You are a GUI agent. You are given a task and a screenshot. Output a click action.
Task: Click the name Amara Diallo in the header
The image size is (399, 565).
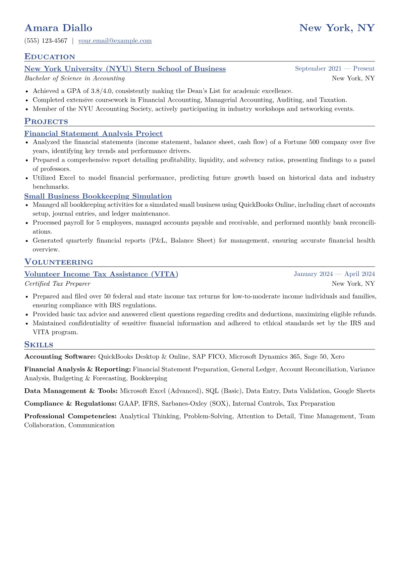click(x=58, y=28)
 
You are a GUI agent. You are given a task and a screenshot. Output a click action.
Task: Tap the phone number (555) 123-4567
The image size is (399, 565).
click(x=46, y=41)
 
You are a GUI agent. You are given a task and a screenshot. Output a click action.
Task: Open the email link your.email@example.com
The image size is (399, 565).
click(x=115, y=41)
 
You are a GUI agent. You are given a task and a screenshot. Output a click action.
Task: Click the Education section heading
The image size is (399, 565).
click(x=50, y=57)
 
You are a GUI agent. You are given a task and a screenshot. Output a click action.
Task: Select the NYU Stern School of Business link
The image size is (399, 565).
click(x=125, y=69)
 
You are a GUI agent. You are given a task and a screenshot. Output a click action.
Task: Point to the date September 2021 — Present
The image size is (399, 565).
click(x=334, y=69)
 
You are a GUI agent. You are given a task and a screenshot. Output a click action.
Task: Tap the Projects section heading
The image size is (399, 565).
click(x=46, y=122)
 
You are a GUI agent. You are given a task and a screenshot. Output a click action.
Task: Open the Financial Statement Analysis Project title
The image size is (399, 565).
click(x=93, y=134)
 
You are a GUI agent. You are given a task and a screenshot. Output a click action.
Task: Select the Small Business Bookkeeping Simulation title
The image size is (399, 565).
click(x=98, y=196)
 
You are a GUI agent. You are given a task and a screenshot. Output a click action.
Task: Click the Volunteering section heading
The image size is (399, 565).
click(x=59, y=262)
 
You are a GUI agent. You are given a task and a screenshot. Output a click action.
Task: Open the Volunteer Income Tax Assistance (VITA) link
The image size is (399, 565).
click(x=101, y=274)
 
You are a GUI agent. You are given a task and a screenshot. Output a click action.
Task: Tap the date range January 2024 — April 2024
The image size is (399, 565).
click(x=334, y=274)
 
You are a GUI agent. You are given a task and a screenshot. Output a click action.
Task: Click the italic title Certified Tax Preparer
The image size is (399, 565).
click(x=57, y=284)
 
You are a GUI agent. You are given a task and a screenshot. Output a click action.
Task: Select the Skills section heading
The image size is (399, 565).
click(x=39, y=345)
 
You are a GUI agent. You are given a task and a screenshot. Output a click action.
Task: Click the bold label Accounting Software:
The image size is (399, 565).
click(x=60, y=357)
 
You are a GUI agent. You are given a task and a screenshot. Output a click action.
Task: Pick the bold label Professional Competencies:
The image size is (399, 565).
click(x=70, y=416)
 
